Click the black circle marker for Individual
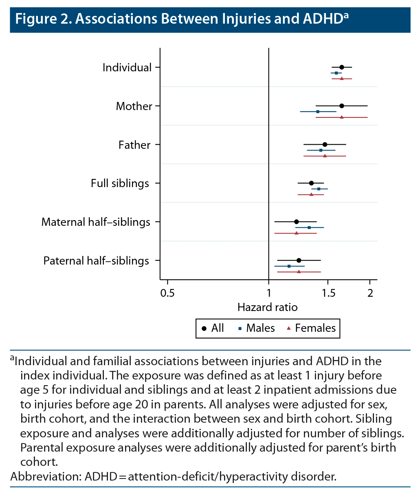pos(342,67)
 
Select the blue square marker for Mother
pos(318,111)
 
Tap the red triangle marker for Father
pos(325,156)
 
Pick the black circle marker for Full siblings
pos(311,183)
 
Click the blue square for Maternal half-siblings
pos(309,227)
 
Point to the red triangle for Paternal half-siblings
pos(299,271)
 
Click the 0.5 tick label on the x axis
pos(167,293)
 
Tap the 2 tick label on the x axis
pos(370,293)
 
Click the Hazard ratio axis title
pos(267,307)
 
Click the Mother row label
pos(134,106)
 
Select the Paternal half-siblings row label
pos(96,261)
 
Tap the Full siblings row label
pos(120,183)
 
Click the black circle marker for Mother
pos(342,106)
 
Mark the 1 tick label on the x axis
pos(269,293)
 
